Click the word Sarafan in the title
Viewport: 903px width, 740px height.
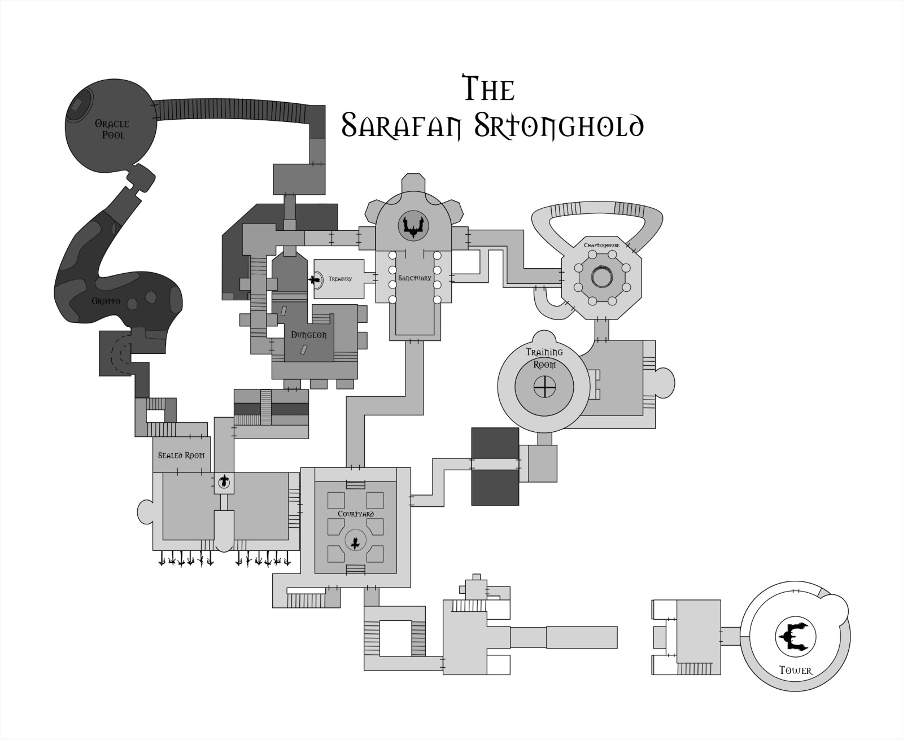click(403, 125)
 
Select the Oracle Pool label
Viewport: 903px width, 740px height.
click(112, 129)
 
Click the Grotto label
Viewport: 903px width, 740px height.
click(106, 301)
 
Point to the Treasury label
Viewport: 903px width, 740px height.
click(340, 279)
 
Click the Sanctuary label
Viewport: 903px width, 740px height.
click(415, 278)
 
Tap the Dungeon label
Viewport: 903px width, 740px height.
click(308, 335)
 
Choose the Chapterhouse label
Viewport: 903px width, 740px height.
click(601, 245)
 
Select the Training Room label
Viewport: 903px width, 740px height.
click(544, 358)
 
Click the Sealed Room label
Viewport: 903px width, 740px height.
click(181, 455)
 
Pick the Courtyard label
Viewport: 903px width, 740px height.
click(356, 514)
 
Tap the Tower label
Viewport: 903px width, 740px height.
click(795, 671)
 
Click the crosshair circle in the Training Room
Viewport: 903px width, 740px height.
click(544, 387)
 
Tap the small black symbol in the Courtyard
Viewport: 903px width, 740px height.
click(355, 543)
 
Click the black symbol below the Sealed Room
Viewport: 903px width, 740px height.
click(224, 481)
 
